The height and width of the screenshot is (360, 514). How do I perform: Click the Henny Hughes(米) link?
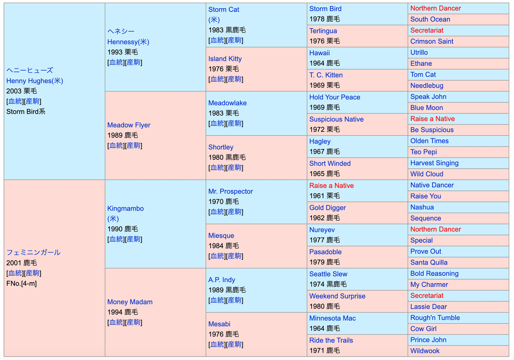coord(34,80)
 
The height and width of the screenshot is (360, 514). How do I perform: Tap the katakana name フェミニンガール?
coord(33,252)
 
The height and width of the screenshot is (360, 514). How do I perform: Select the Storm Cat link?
coord(224,9)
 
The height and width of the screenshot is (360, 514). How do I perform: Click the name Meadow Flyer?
coord(128,125)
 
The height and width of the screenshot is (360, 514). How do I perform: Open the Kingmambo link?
coord(125,208)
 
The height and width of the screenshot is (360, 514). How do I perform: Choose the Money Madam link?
coord(129,302)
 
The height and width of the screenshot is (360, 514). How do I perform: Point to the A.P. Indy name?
coord(221,280)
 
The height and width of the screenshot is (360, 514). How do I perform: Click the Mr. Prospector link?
coord(230,191)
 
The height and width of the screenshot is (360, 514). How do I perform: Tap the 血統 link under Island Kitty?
coord(216,79)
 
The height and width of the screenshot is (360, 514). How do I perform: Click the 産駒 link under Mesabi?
coord(234,345)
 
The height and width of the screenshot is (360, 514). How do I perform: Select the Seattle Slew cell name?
coord(328,274)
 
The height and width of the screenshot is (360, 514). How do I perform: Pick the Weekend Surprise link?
coord(337,296)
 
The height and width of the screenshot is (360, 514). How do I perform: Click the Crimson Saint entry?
coord(431,42)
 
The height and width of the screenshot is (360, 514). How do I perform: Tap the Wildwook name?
coord(424,351)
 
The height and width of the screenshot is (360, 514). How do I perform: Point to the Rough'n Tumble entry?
coord(435,318)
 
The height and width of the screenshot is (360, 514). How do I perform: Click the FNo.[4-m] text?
coord(21,283)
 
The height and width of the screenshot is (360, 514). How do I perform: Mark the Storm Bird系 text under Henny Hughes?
coord(26,112)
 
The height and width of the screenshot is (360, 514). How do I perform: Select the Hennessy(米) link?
coord(128,42)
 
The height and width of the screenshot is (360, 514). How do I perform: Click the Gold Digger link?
coord(327,208)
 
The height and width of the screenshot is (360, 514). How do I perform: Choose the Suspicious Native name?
coord(336,119)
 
